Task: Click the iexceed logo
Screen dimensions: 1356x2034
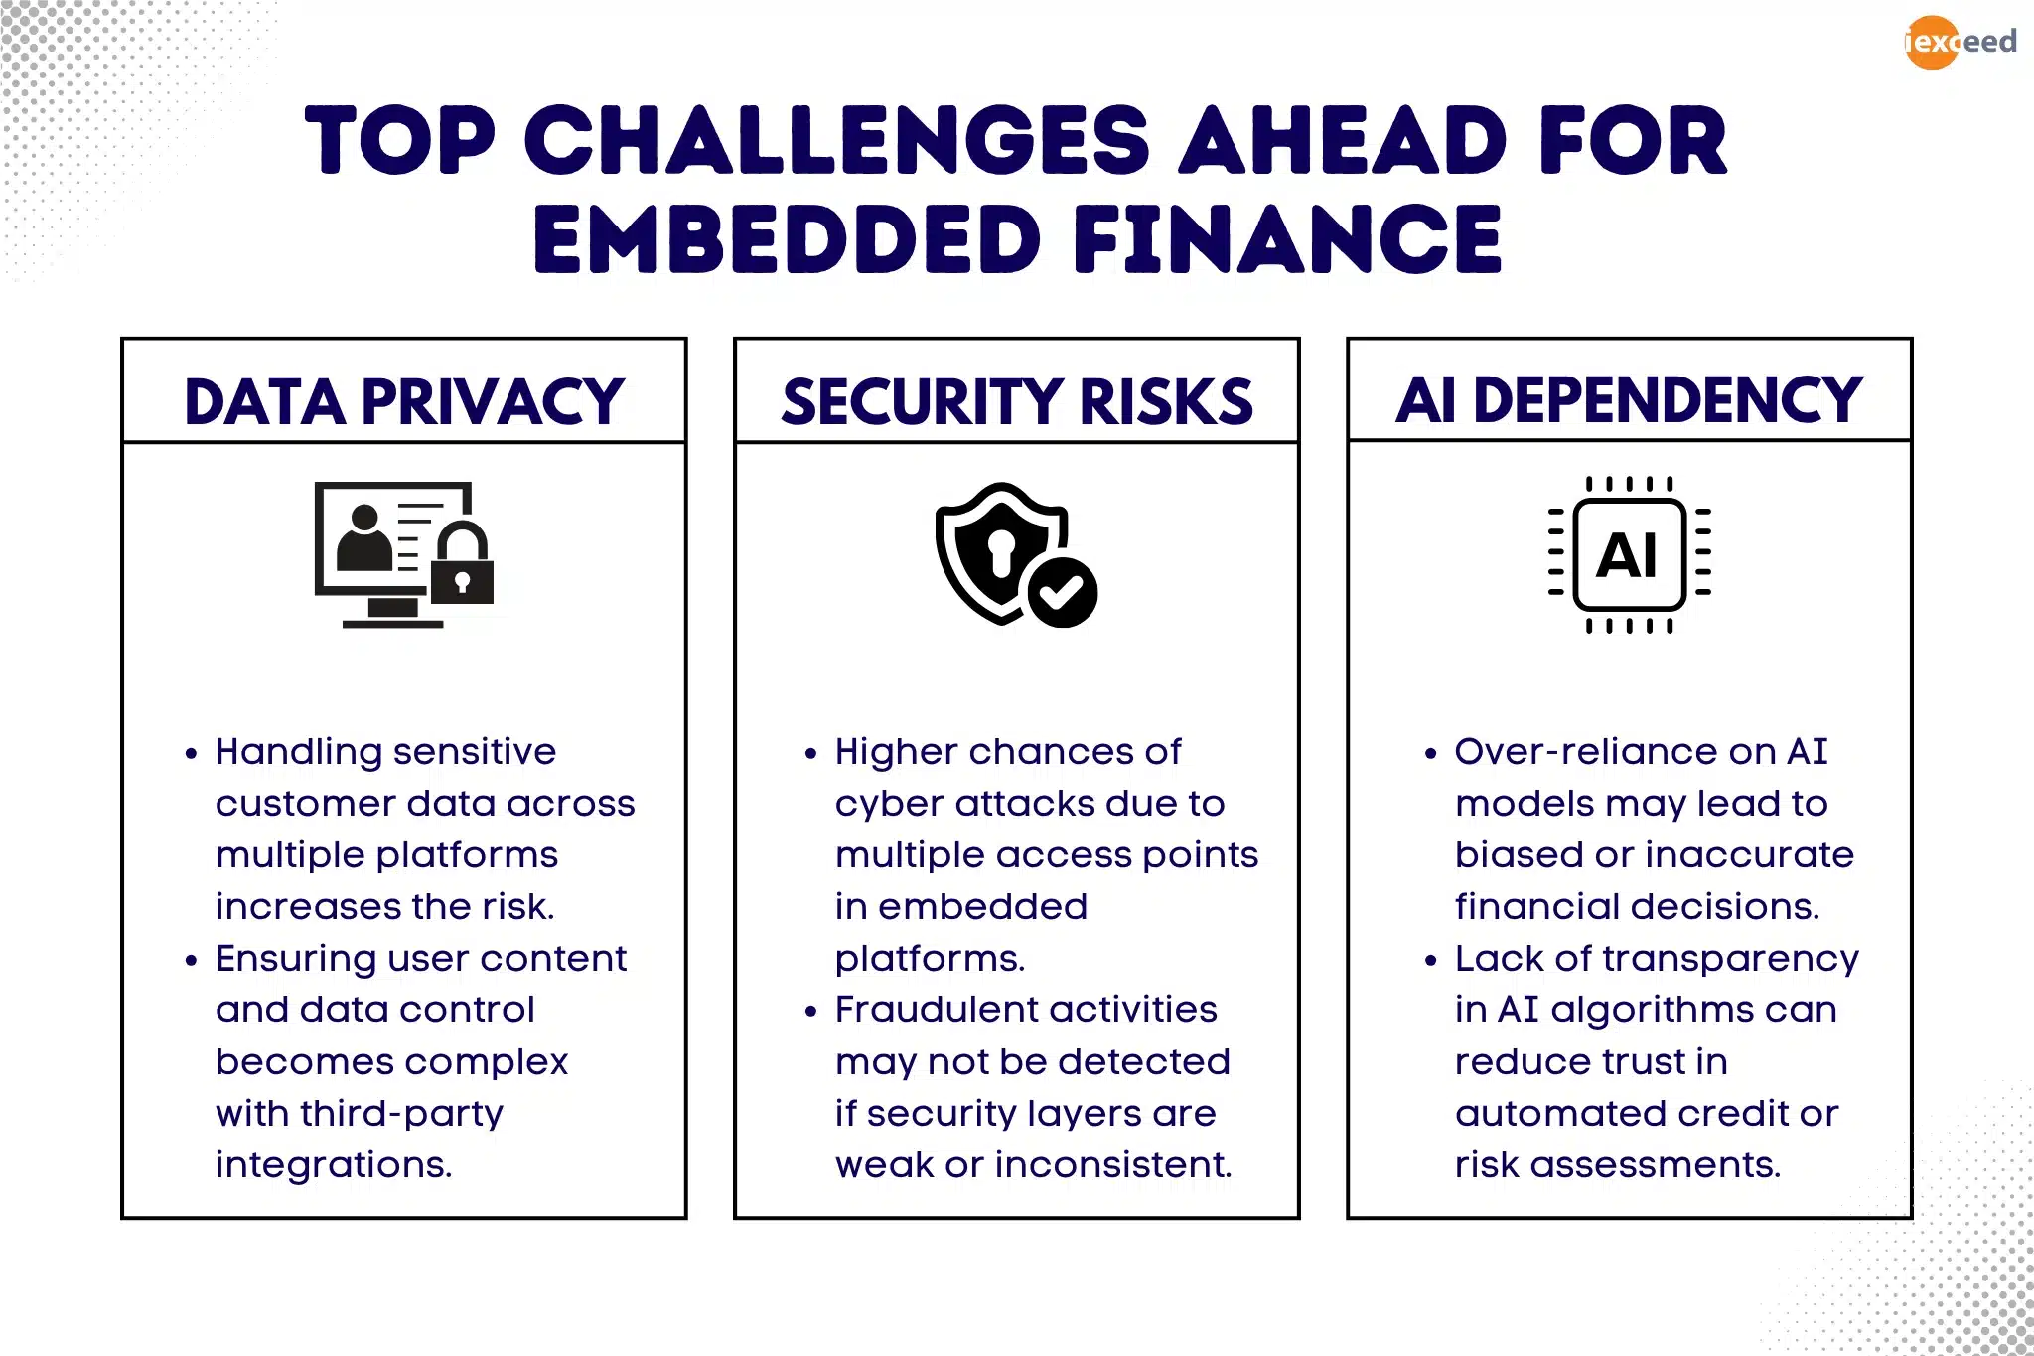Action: pyautogui.click(x=1960, y=42)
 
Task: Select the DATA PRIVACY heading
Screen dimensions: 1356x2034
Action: pyautogui.click(x=403, y=401)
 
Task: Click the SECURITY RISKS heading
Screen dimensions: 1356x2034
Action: pyautogui.click(x=1016, y=401)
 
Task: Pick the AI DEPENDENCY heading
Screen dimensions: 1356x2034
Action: pyautogui.click(x=1629, y=399)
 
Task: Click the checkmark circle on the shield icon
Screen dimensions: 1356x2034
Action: pyautogui.click(x=1062, y=592)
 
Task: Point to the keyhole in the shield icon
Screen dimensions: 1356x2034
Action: pyautogui.click(x=1000, y=549)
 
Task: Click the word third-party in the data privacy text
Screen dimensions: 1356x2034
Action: pyautogui.click(x=401, y=1114)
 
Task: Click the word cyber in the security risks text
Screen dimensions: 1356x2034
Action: pyautogui.click(x=887, y=804)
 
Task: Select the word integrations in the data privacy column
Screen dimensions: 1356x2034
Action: pyautogui.click(x=334, y=1165)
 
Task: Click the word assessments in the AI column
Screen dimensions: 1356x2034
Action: pyautogui.click(x=1655, y=1165)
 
